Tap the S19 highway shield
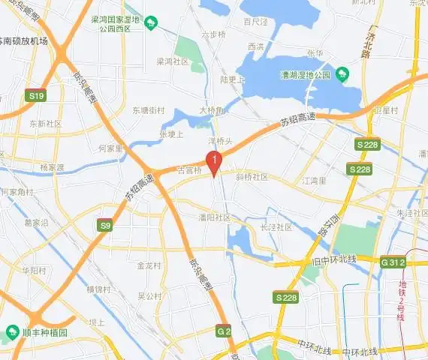(x=35, y=96)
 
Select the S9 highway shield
(x=106, y=224)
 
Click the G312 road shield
(x=393, y=262)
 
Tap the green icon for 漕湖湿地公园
(x=342, y=73)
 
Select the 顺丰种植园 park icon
(x=12, y=331)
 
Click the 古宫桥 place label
(x=189, y=171)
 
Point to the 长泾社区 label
(x=276, y=226)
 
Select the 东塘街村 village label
(x=148, y=109)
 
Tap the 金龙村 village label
(x=149, y=265)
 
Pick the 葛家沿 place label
(x=36, y=223)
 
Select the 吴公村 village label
(x=149, y=296)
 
